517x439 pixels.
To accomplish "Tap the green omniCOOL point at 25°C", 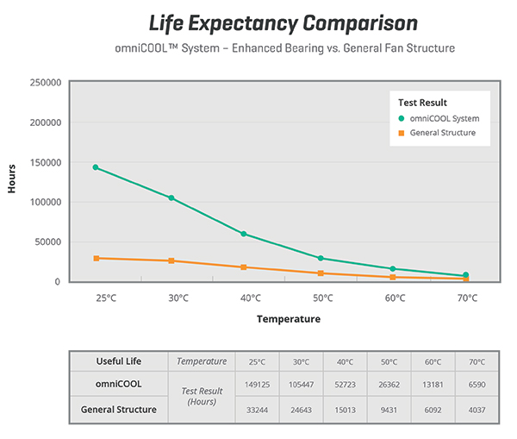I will click(97, 167).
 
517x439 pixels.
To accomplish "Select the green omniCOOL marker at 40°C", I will click(244, 234).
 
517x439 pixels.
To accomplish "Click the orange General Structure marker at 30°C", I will click(171, 260).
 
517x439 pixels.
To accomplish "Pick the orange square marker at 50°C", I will click(320, 273).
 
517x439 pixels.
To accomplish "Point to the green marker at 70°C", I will click(466, 275).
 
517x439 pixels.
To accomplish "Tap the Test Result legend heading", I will click(417, 103).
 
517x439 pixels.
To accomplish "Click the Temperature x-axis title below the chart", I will click(288, 319).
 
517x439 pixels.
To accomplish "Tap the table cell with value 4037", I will click(477, 410).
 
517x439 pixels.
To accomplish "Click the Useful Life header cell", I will click(119, 361).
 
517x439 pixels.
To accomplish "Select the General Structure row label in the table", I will click(119, 410).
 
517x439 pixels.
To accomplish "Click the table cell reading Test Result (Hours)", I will click(201, 398).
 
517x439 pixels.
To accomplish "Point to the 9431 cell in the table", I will click(389, 410).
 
